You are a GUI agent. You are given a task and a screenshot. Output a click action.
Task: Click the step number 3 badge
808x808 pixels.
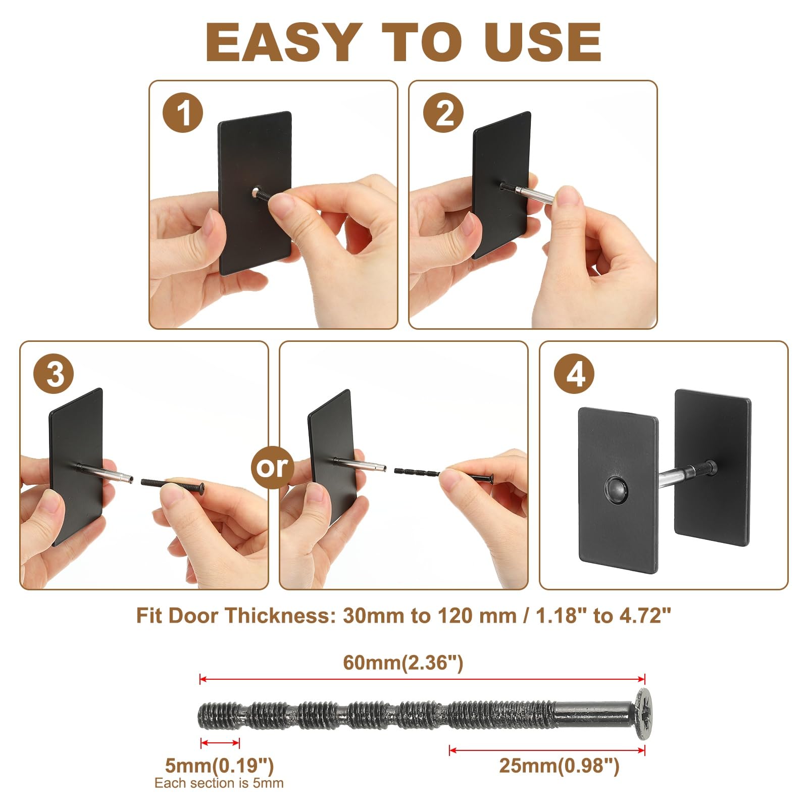pos(54,374)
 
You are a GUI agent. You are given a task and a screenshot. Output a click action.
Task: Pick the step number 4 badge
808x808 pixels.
pos(574,374)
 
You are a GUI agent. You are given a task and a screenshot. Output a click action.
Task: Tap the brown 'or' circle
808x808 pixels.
pos(273,467)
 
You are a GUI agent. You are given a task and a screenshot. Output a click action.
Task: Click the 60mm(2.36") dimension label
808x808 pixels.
pos(403,662)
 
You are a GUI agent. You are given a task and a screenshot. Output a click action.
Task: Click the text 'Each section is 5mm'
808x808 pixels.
pos(219,783)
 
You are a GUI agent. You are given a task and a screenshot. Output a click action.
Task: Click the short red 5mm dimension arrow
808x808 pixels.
pos(220,743)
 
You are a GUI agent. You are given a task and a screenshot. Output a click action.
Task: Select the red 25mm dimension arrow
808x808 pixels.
pos(547,750)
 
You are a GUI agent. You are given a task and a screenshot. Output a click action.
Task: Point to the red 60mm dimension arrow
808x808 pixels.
pos(423,679)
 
